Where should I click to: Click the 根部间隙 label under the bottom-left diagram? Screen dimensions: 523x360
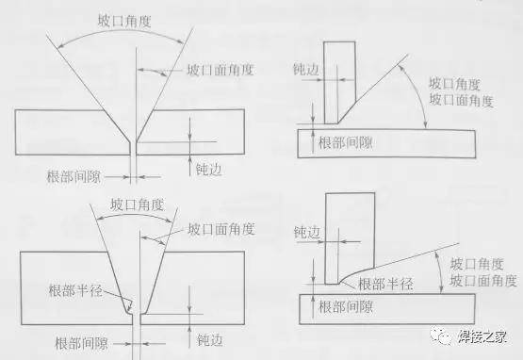point(85,341)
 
